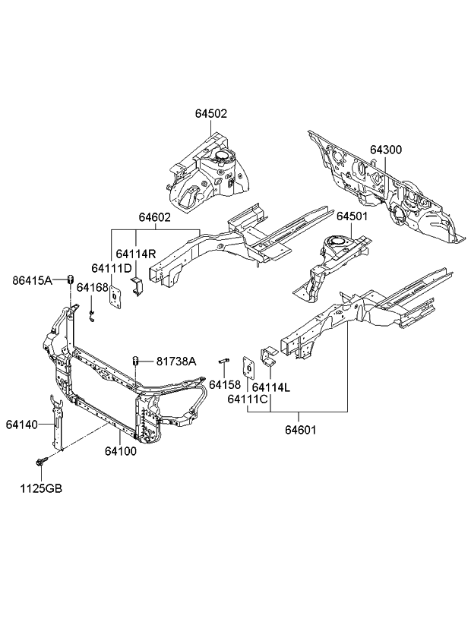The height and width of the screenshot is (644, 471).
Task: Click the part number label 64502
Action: coord(210,114)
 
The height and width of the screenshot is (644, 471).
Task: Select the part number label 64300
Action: coord(387,150)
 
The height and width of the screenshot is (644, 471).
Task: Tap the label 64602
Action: coord(154,217)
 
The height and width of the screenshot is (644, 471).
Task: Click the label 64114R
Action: coord(136,254)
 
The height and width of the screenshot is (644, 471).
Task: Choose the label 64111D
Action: coord(112,268)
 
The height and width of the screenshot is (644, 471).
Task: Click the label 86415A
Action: coord(33,280)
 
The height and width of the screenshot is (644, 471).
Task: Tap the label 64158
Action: coord(225,384)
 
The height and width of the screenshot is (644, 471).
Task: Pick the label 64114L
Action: coord(272,388)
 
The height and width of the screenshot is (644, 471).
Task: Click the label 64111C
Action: coord(251,399)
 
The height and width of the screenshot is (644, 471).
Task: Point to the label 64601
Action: coord(301,430)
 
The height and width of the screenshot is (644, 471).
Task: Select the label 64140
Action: coord(23,423)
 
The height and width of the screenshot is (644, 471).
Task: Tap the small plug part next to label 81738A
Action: coord(136,360)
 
